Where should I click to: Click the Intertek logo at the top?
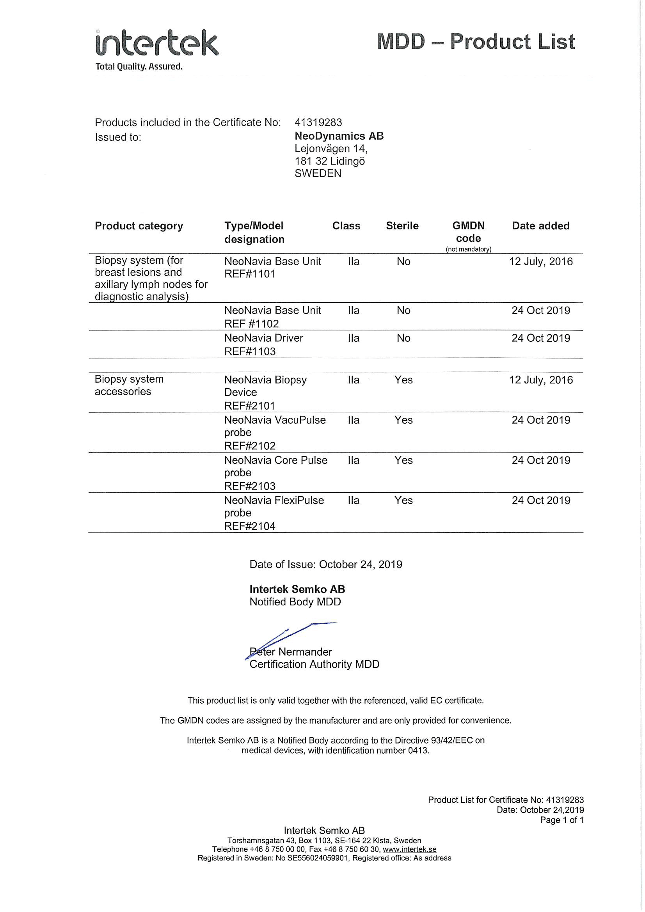[x=156, y=43]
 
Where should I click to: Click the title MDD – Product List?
[x=476, y=42]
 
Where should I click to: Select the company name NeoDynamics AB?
[x=339, y=136]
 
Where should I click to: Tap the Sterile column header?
[x=402, y=225]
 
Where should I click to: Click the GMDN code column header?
[x=469, y=232]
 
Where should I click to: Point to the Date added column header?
[x=540, y=225]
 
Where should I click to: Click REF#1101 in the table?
[x=250, y=274]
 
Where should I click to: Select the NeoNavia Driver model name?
[x=263, y=338]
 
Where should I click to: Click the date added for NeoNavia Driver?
[x=540, y=338]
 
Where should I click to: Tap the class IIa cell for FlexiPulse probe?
[x=353, y=500]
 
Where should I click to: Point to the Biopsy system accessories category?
[x=129, y=385]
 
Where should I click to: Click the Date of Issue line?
[x=325, y=564]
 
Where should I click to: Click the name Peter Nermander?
[x=291, y=652]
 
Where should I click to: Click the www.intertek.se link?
[x=409, y=849]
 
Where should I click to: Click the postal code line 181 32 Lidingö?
[x=330, y=161]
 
